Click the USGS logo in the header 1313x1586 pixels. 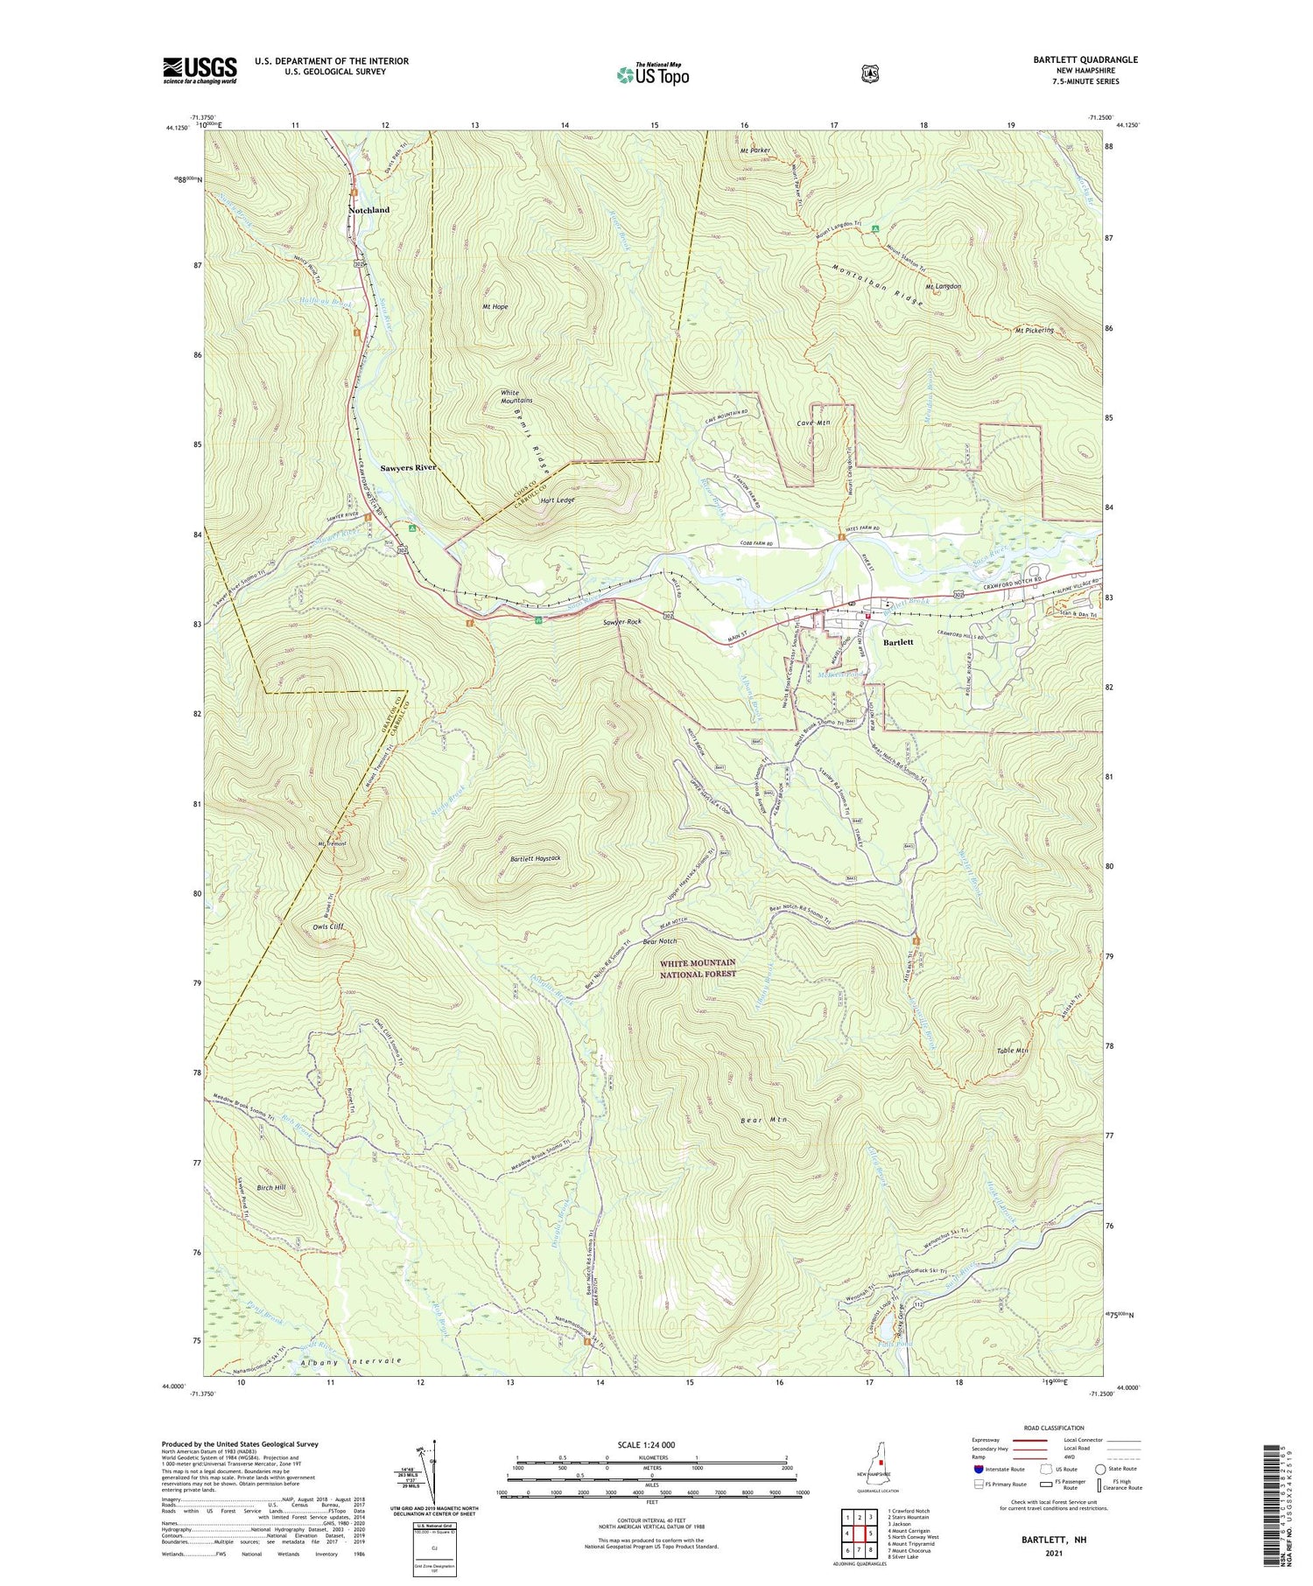point(200,70)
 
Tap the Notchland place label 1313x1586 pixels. point(369,211)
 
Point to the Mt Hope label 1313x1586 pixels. point(495,307)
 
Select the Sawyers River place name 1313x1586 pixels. point(408,468)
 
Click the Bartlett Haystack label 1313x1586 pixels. point(535,858)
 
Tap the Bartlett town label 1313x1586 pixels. point(898,642)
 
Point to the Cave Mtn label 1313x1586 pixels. point(813,423)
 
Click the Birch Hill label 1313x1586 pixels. point(271,1187)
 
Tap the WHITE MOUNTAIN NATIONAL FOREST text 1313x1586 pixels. point(698,968)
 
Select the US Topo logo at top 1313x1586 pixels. point(652,75)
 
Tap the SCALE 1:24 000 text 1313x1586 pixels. point(651,1445)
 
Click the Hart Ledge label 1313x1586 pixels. point(558,500)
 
